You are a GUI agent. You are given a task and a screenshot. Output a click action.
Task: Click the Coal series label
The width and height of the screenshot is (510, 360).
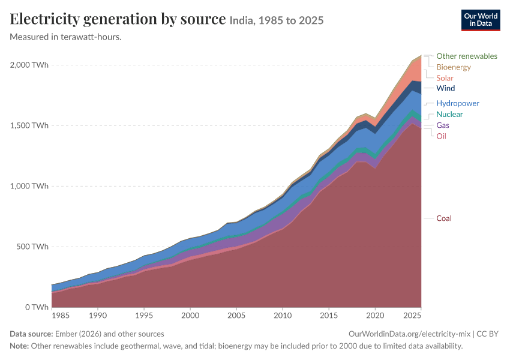(x=443, y=218)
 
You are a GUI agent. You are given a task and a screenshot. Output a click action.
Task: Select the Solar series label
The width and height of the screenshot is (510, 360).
(x=445, y=78)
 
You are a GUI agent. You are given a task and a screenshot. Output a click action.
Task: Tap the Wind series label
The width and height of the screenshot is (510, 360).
(x=446, y=88)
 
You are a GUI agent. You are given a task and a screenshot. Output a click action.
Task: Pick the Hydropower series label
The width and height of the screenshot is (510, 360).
(x=458, y=103)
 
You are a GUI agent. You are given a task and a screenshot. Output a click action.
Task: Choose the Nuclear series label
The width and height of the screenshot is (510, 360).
(x=449, y=114)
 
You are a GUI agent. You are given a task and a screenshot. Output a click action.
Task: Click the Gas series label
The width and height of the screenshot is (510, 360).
(x=443, y=125)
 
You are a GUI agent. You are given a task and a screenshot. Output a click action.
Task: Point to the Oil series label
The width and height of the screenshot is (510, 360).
(x=442, y=136)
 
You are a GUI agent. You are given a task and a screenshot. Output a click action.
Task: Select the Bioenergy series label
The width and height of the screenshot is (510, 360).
(x=454, y=67)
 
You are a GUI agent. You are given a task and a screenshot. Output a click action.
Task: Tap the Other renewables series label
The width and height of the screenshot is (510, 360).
(x=467, y=56)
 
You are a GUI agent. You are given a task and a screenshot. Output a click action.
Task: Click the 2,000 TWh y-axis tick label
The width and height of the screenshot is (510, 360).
(x=29, y=65)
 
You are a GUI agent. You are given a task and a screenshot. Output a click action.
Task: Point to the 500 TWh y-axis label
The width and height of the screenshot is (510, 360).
(x=32, y=247)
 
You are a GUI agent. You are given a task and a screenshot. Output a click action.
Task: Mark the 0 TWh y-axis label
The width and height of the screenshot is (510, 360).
(x=37, y=307)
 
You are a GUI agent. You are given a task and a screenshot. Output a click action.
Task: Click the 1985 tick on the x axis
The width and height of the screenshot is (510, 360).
(x=61, y=316)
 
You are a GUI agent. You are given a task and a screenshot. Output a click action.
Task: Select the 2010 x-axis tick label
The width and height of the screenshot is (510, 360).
(x=283, y=316)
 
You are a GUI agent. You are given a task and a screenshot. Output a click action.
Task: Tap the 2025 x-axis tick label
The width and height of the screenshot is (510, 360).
(x=412, y=316)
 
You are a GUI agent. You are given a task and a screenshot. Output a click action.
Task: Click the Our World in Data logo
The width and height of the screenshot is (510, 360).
(x=481, y=20)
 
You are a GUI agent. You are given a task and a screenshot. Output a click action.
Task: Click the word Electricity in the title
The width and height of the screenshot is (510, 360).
(x=44, y=19)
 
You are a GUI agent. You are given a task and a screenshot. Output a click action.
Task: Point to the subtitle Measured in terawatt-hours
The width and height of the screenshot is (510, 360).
(x=66, y=37)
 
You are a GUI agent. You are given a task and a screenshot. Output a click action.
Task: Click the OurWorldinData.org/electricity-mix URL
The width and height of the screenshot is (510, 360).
(x=409, y=334)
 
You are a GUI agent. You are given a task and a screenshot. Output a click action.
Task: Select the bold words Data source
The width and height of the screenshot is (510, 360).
(x=31, y=334)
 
